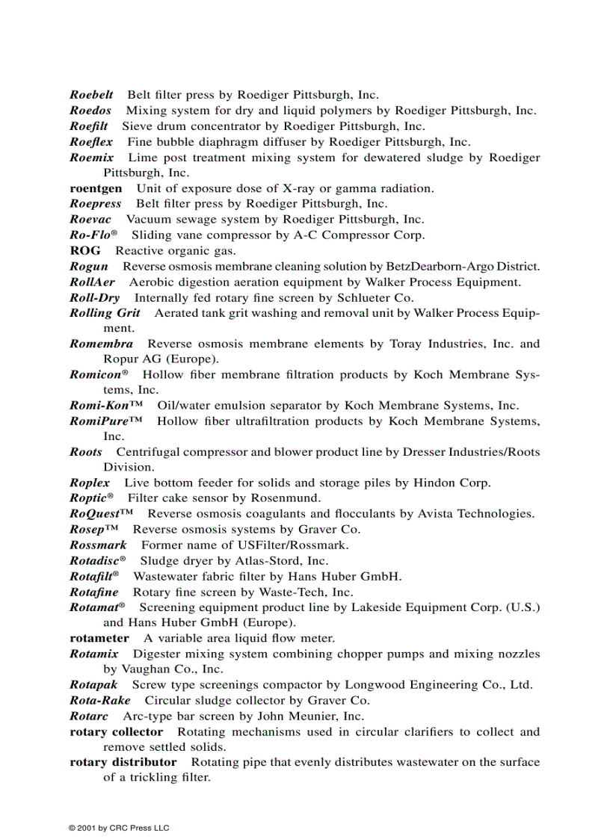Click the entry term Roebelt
coord(91,95)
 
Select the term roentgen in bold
coord(96,188)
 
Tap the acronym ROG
coord(84,250)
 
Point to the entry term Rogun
coord(89,266)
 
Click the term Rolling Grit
coord(105,313)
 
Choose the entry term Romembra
coord(101,344)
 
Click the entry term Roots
coord(85,452)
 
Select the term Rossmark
coord(98,545)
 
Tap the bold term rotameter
coord(99,638)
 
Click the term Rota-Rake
coord(99,700)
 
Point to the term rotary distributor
coord(123,762)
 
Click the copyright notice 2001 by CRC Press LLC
coord(119,828)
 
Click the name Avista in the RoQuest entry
coord(424,514)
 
